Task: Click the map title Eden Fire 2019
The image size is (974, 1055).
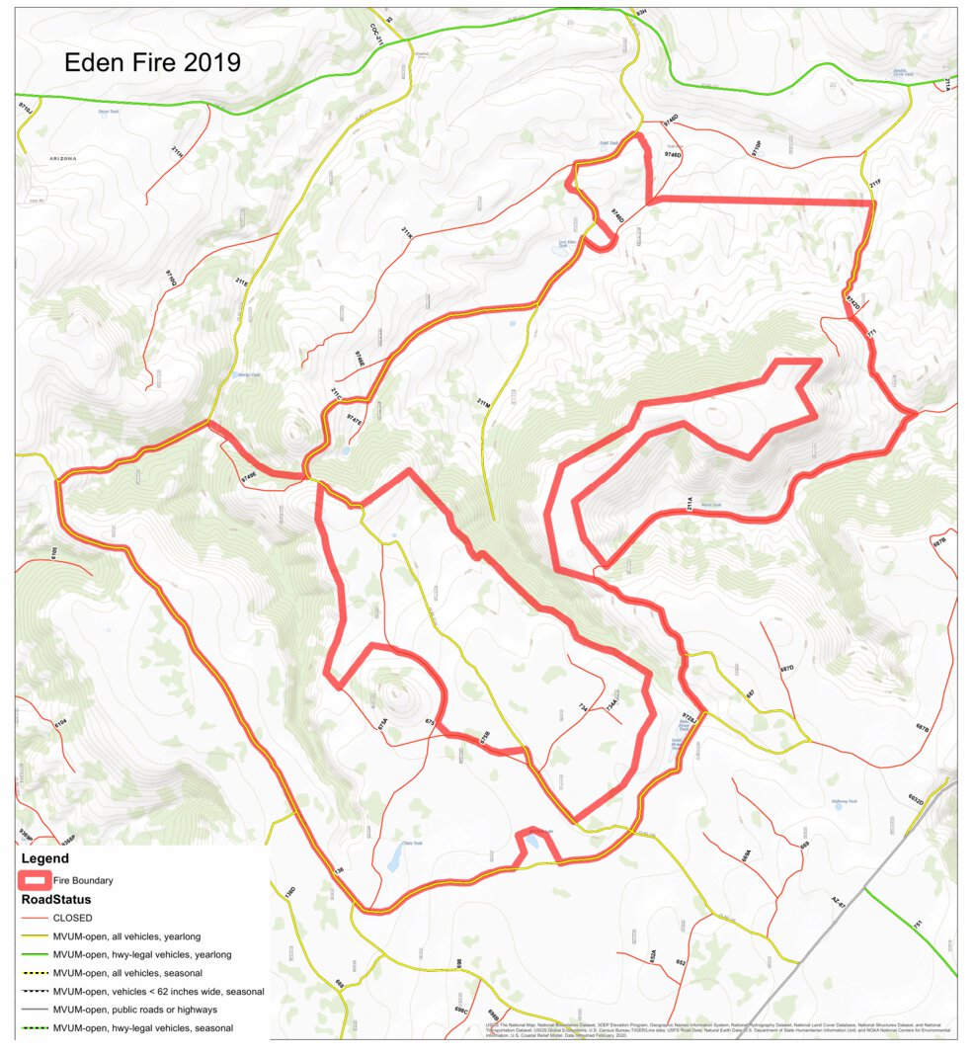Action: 152,62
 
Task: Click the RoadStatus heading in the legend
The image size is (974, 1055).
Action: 56,899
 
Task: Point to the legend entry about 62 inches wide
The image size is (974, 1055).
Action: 158,991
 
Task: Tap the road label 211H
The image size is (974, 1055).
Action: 177,152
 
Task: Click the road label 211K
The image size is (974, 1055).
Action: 407,233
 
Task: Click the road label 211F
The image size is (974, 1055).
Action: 874,184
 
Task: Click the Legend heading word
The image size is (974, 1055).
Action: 46,859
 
